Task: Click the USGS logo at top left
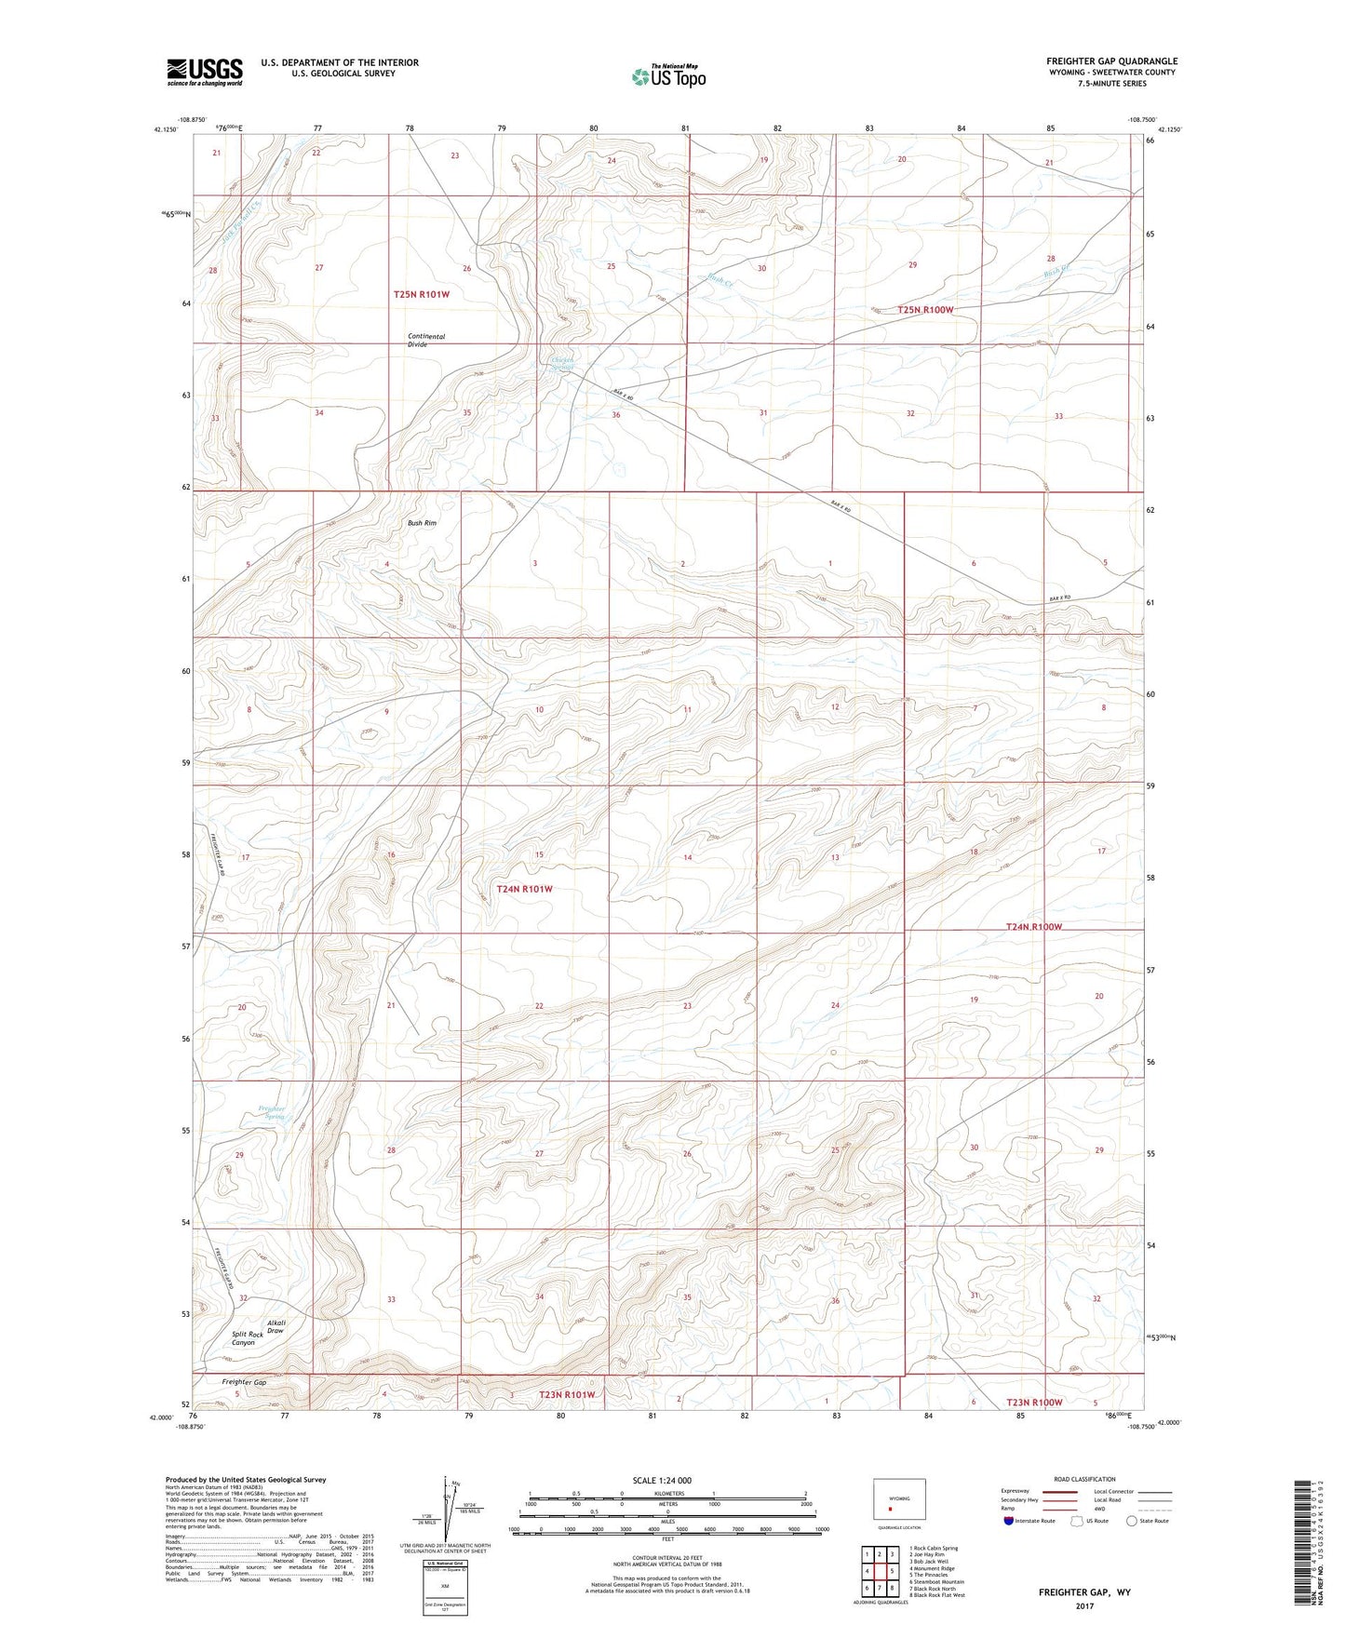205,72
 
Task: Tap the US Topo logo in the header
668,76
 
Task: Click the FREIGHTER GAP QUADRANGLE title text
1111,61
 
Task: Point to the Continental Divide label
425,340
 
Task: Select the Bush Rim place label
422,523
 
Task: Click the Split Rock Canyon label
243,1338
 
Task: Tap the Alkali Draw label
276,1327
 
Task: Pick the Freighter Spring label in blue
272,1112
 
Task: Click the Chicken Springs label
562,364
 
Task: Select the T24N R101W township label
524,889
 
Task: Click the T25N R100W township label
925,309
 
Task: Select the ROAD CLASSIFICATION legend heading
1083,1479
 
